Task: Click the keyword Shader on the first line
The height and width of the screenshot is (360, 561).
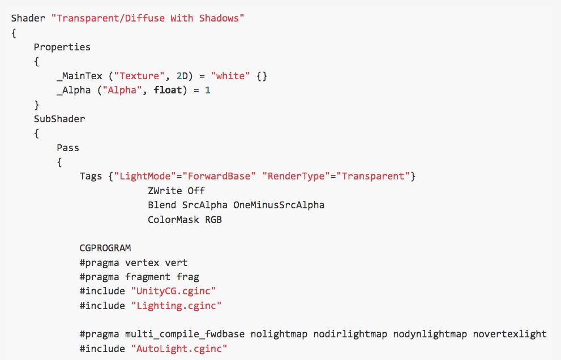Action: pos(28,18)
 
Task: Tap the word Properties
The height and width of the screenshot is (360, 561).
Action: pos(62,47)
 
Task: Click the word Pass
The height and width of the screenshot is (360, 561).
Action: pos(68,148)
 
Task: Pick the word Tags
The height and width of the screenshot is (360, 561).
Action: pos(91,177)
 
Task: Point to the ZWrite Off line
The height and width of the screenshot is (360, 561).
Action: pos(176,191)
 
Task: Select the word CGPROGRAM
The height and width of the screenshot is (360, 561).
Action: pos(105,248)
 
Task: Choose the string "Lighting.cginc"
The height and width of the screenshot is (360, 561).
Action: pos(176,306)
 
